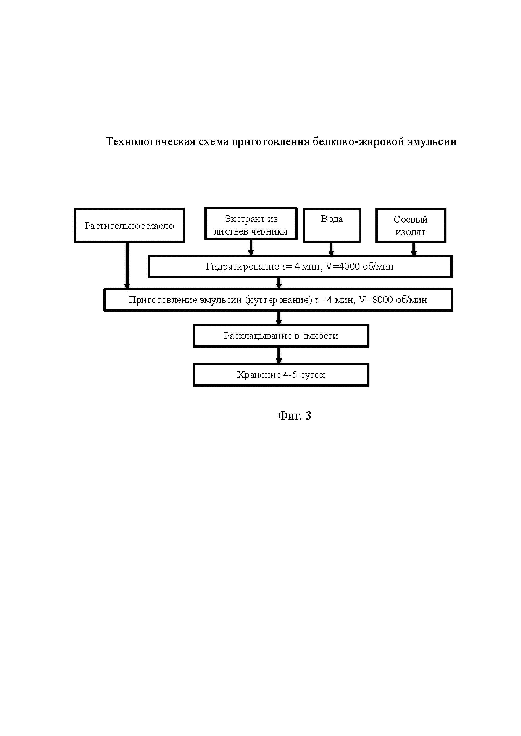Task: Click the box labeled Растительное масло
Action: pyautogui.click(x=129, y=225)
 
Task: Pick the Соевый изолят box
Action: pyautogui.click(x=411, y=226)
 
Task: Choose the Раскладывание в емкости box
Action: pyautogui.click(x=281, y=336)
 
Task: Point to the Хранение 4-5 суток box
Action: pyautogui.click(x=281, y=375)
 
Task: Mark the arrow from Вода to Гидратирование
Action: pyautogui.click(x=331, y=249)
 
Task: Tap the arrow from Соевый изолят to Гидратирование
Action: pyautogui.click(x=413, y=249)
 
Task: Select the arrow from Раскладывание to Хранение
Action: pyautogui.click(x=279, y=355)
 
